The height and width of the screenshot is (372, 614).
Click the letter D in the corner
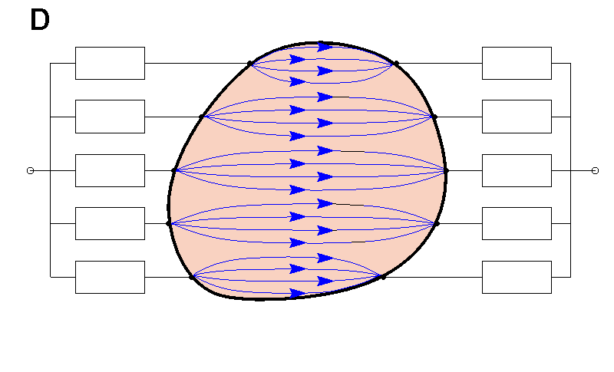[40, 21]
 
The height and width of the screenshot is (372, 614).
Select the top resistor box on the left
[110, 63]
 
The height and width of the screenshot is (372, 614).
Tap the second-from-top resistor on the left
[110, 117]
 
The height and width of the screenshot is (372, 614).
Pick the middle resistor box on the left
[110, 170]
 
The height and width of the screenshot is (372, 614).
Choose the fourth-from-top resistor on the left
[110, 223]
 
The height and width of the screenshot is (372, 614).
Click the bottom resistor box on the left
[110, 277]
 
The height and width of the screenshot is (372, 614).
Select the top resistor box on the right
[517, 63]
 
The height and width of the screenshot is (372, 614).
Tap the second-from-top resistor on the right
[517, 117]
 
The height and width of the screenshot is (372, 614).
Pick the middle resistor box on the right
[517, 170]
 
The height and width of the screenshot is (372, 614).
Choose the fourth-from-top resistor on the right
[517, 223]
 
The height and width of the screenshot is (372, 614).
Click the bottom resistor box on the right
[517, 277]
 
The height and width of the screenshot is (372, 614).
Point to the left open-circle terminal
[30, 170]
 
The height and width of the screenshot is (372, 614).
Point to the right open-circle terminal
[595, 170]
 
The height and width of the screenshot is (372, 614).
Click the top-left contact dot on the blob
[250, 64]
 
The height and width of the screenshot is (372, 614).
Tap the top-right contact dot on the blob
[396, 64]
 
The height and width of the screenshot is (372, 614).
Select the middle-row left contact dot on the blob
[174, 170]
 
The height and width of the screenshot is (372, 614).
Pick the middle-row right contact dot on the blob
[446, 170]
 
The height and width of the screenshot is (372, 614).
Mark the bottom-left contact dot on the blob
[192, 276]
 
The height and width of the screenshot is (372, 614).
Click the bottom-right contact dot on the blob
[382, 276]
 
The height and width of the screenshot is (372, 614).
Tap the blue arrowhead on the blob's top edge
[325, 46]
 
